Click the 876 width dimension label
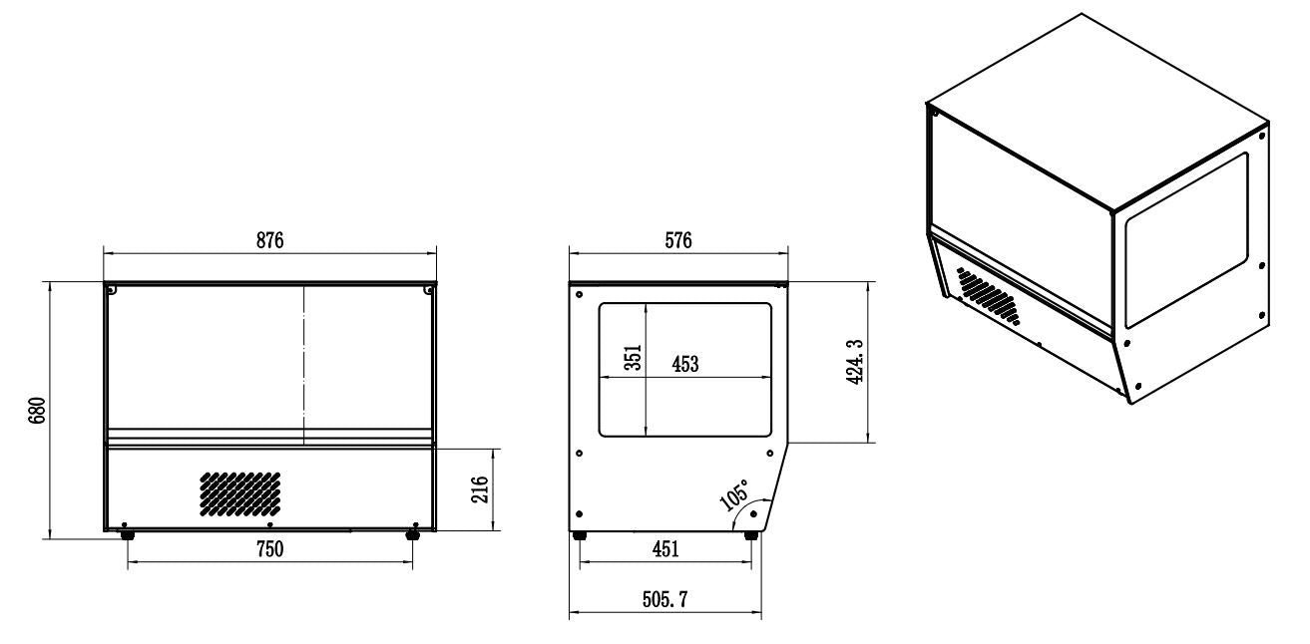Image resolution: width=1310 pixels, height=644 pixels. click(270, 240)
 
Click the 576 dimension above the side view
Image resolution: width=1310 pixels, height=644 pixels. click(677, 240)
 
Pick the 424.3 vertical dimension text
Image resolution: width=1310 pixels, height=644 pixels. click(853, 364)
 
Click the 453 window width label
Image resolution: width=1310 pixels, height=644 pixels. click(684, 365)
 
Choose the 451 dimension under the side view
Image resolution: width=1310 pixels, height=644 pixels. click(665, 549)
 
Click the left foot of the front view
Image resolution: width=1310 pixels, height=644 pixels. click(128, 535)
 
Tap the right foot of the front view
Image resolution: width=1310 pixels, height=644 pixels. click(412, 535)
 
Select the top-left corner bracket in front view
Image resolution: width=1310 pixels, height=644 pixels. click(112, 290)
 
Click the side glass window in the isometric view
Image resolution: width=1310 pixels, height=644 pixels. click(1186, 240)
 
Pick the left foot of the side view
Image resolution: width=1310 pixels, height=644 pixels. click(580, 535)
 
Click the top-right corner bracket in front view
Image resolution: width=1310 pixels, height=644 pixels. click(428, 290)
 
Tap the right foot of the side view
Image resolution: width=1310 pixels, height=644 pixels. click(751, 535)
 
